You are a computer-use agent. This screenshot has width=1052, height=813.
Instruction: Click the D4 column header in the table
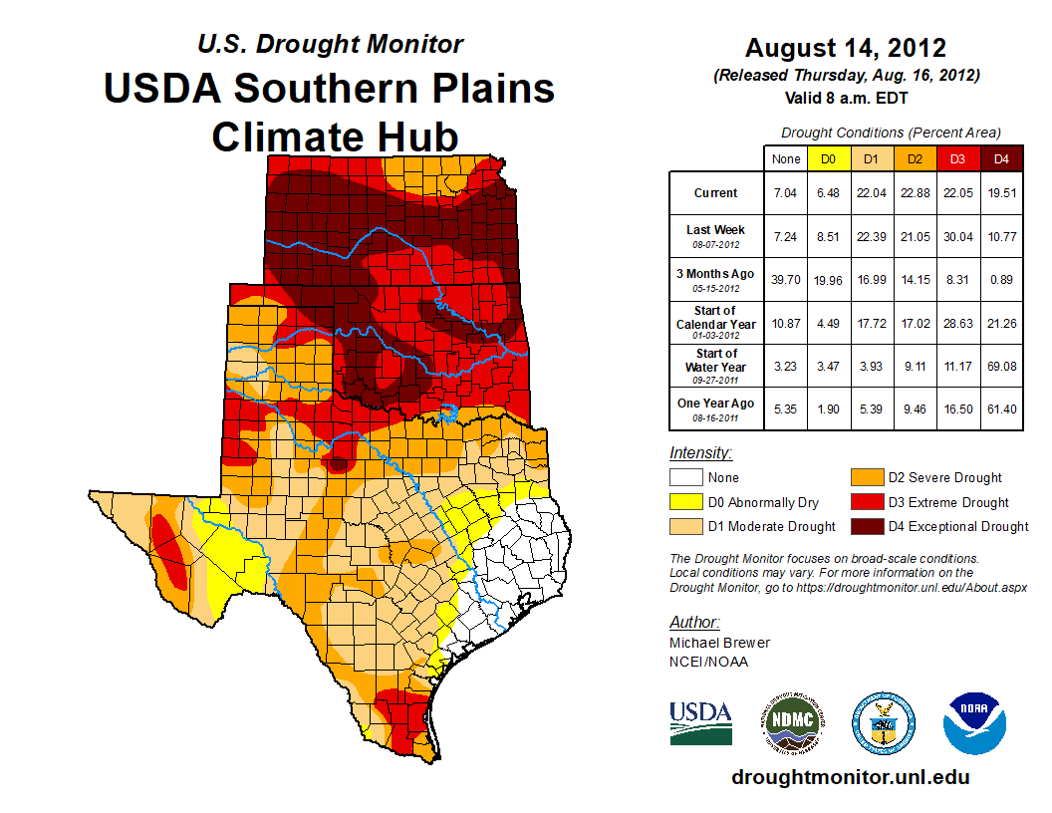coord(1001,158)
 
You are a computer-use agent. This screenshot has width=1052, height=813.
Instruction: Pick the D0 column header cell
coord(827,158)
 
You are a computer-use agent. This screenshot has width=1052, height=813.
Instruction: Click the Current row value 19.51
coord(1001,193)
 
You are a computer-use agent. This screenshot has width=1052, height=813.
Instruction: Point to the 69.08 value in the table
coord(1001,366)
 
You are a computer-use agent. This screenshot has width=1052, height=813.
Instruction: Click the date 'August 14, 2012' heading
coord(846,48)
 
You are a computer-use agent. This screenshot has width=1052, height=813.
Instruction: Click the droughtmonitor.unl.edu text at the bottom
coord(850,777)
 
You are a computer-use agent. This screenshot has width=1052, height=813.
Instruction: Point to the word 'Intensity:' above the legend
coord(701,453)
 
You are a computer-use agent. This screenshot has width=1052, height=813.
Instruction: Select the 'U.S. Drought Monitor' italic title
coord(330,45)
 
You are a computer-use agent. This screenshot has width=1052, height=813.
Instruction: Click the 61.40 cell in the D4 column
coord(1001,409)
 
